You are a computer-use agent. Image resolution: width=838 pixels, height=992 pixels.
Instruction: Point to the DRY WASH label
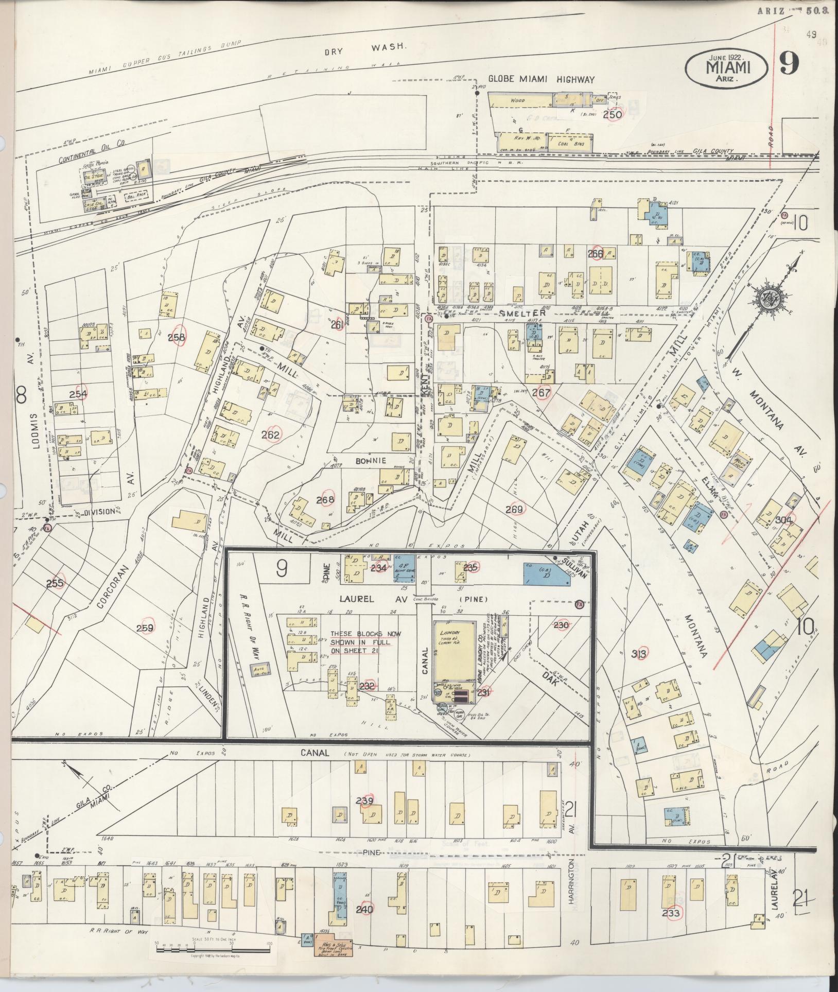coord(366,49)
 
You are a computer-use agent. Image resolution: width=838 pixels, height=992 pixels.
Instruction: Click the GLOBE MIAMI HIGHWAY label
coord(541,80)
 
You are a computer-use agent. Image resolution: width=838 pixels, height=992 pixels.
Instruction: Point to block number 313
coord(641,652)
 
